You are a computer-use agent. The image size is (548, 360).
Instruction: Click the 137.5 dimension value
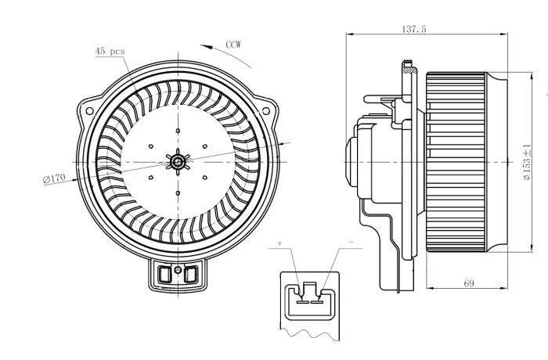pyautogui.click(x=414, y=29)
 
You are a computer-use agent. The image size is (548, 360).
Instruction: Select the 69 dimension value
pyautogui.click(x=469, y=283)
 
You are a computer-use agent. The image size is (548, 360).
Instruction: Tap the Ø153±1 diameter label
pyautogui.click(x=527, y=162)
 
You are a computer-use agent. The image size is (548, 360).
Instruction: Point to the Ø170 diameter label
pyautogui.click(x=54, y=178)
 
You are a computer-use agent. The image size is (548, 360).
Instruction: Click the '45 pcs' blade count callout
pyautogui.click(x=110, y=51)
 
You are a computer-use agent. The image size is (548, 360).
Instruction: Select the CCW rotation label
pyautogui.click(x=233, y=45)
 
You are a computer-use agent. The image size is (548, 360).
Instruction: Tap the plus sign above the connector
pyautogui.click(x=279, y=243)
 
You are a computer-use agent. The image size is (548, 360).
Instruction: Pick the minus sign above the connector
pyautogui.click(x=352, y=242)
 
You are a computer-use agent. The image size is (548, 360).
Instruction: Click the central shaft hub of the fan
pyautogui.click(x=178, y=162)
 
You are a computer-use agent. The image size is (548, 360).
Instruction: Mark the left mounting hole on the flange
pyautogui.click(x=89, y=111)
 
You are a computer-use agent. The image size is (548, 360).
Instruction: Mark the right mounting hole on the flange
pyautogui.click(x=266, y=111)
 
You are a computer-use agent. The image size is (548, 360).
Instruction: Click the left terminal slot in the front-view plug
pyautogui.click(x=164, y=274)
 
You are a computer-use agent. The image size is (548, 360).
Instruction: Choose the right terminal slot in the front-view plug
pyautogui.click(x=191, y=274)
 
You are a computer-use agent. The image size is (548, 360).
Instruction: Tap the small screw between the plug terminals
pyautogui.click(x=178, y=270)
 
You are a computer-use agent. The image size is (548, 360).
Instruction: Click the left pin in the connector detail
pyautogui.click(x=302, y=301)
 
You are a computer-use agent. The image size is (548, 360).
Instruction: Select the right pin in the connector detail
pyautogui.click(x=317, y=301)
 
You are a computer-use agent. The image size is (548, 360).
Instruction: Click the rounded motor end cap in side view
pyautogui.click(x=351, y=162)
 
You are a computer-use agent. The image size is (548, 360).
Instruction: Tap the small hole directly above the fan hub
pyautogui.click(x=178, y=131)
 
